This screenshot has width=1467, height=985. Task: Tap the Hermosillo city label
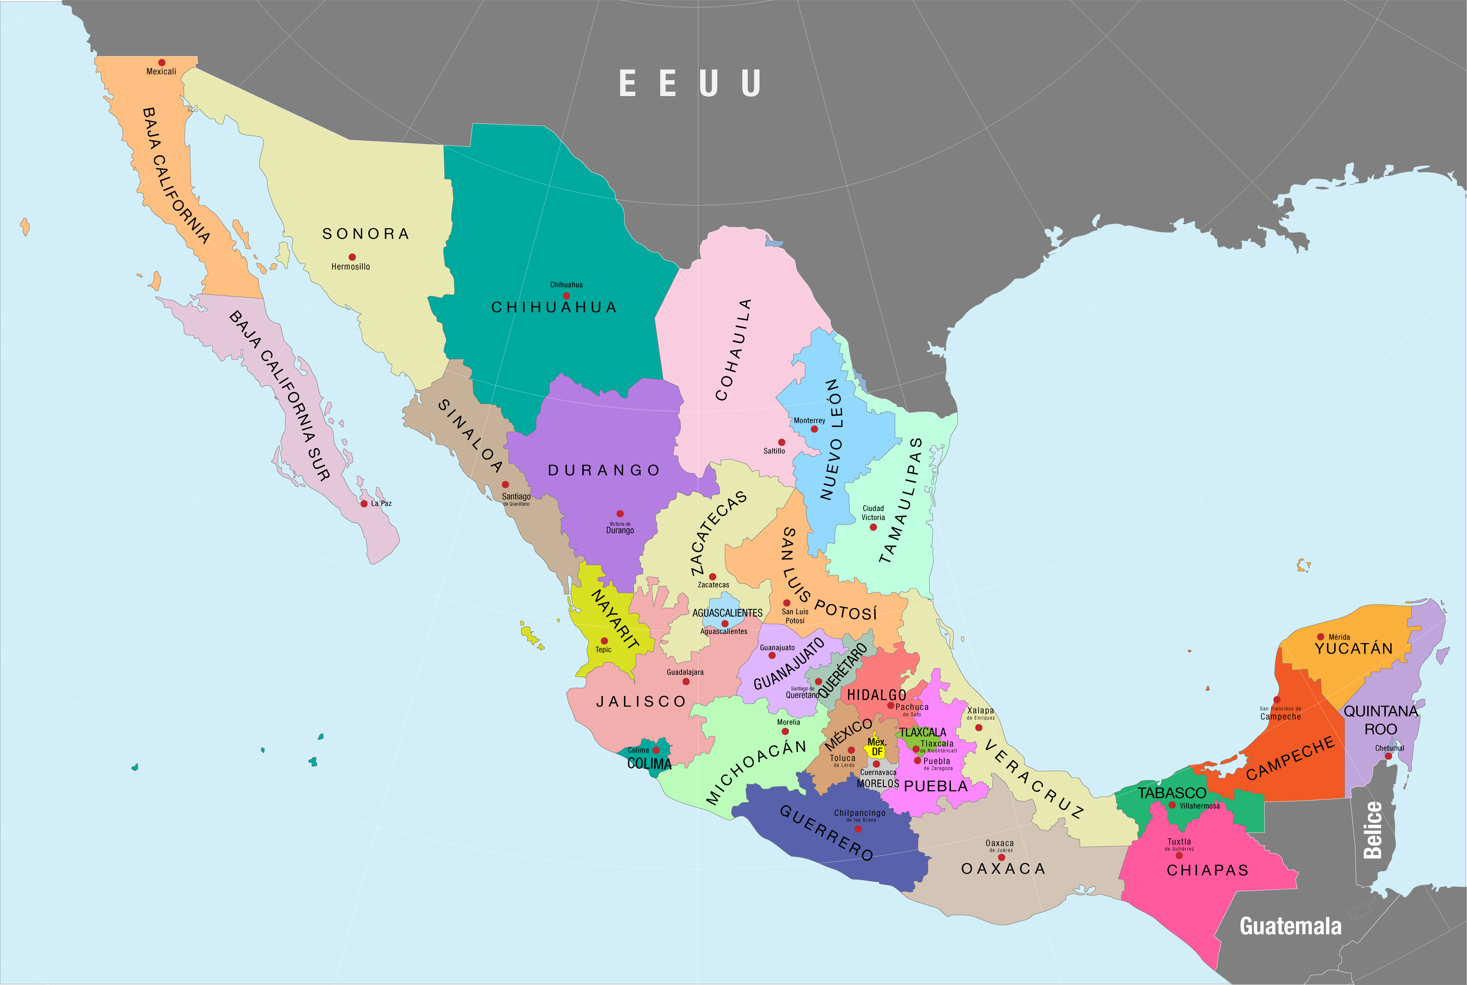(350, 267)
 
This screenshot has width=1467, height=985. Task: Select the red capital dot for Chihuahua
(566, 296)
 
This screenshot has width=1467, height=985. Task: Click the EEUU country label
(689, 83)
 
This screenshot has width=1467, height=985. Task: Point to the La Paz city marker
(364, 504)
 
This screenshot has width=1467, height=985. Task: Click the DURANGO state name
(604, 470)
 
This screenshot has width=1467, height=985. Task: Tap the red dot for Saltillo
(782, 442)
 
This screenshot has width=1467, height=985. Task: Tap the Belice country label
(1373, 830)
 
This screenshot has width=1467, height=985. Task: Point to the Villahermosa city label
(1200, 806)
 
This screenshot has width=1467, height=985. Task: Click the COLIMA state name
(649, 764)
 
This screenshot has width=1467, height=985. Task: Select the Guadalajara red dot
(686, 682)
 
